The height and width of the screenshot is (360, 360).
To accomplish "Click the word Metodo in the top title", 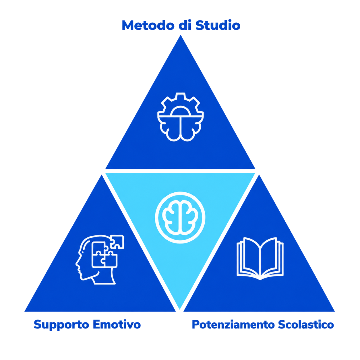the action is click(x=148, y=25).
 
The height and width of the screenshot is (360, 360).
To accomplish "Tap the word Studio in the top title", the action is click(x=218, y=25).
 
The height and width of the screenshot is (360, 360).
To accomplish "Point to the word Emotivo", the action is click(x=117, y=324).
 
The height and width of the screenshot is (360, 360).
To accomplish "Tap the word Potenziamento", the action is click(x=233, y=324).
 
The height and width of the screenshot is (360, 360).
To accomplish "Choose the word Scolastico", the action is click(x=306, y=324).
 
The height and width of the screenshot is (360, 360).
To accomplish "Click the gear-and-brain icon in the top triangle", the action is click(x=180, y=117).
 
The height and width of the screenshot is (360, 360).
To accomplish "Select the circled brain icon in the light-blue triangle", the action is click(x=180, y=218).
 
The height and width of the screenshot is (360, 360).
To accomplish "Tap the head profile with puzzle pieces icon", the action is click(x=100, y=260).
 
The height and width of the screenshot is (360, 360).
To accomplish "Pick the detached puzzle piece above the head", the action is click(x=117, y=242).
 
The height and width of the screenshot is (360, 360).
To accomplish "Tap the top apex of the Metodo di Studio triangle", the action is click(x=181, y=35).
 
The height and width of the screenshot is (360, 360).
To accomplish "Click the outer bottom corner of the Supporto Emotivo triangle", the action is click(x=25, y=311).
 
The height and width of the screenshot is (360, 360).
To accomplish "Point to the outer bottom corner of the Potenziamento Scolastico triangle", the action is click(x=334, y=311).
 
